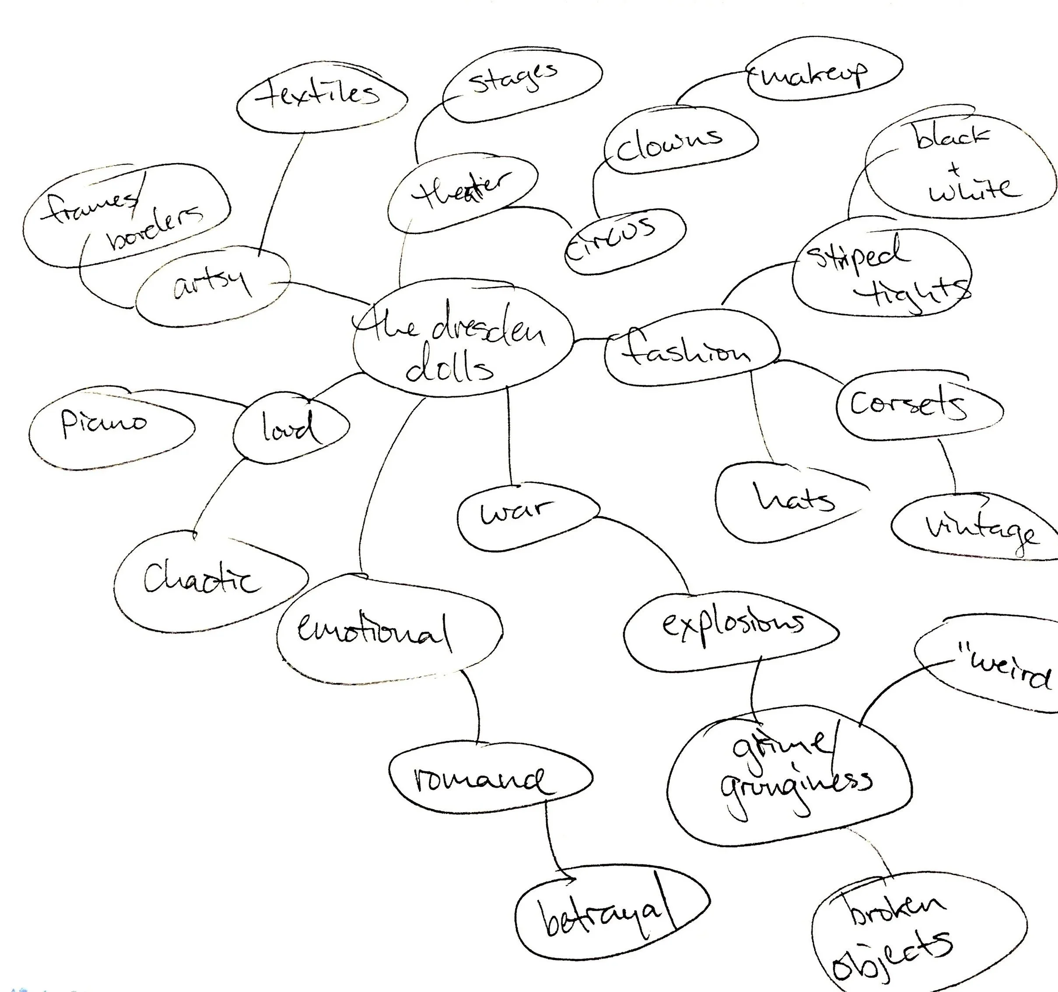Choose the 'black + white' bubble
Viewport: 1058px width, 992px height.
[x=958, y=165]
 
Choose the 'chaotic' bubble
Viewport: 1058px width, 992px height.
[x=202, y=580]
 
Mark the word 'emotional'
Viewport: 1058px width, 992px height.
[x=372, y=633]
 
